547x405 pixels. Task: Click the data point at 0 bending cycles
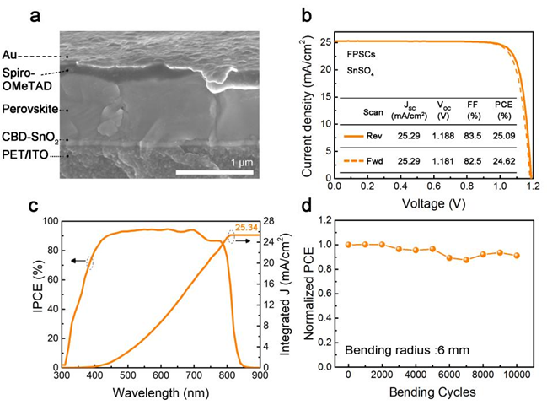point(349,245)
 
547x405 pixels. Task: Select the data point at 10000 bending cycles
point(516,256)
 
